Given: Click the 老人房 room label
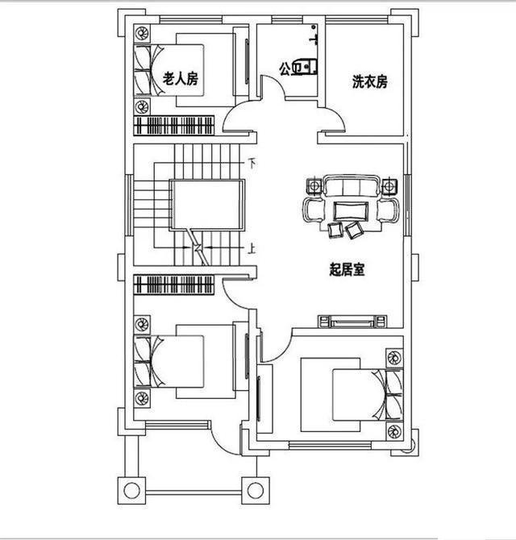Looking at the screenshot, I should click(x=181, y=79).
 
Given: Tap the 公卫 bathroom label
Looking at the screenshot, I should click(x=289, y=69).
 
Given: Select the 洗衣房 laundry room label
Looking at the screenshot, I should click(x=370, y=81).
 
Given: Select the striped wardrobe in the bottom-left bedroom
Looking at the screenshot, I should click(x=174, y=285).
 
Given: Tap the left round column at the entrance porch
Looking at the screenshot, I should click(x=130, y=489).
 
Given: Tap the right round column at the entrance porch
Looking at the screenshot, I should click(x=256, y=489).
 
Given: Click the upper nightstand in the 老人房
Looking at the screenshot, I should click(x=142, y=34).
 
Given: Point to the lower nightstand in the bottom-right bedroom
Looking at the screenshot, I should click(x=394, y=430).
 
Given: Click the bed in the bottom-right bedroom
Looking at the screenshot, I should click(x=343, y=395).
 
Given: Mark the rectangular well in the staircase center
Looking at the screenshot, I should click(x=206, y=207).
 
